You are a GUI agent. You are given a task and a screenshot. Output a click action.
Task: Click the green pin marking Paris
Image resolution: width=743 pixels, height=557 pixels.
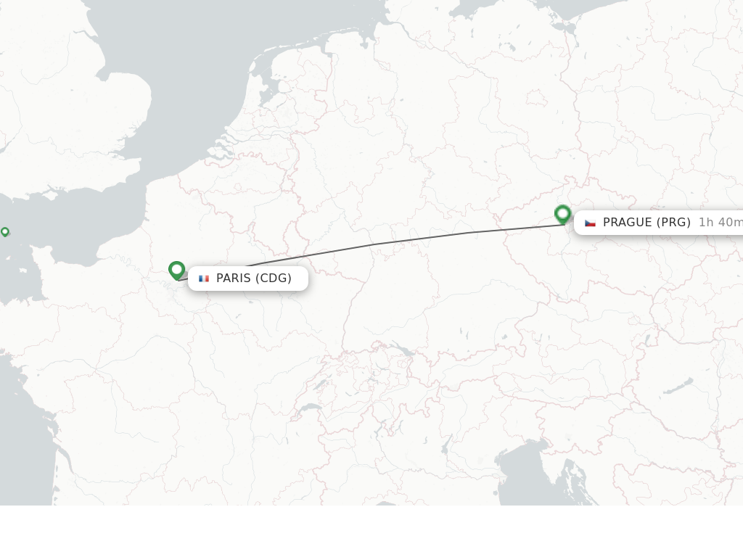tap(176, 270)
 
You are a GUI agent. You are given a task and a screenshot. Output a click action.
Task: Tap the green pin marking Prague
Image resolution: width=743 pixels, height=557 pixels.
tap(562, 214)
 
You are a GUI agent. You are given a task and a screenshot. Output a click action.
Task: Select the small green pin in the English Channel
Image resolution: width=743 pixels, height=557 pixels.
tap(5, 231)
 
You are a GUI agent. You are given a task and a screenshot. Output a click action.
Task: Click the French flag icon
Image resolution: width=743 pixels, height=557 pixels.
tap(204, 278)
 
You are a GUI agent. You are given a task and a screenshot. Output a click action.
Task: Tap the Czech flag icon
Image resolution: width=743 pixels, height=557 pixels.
tap(590, 223)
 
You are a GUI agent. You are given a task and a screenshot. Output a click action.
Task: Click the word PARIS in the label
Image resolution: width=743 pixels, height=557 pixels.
tap(233, 278)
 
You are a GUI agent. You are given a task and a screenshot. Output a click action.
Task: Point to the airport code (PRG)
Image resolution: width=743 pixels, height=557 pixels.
tap(673, 223)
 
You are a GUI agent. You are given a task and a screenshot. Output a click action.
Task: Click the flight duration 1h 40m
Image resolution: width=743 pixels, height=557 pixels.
tap(720, 223)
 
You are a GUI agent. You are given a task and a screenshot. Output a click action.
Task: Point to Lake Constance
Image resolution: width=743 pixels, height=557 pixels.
tap(403, 351)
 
